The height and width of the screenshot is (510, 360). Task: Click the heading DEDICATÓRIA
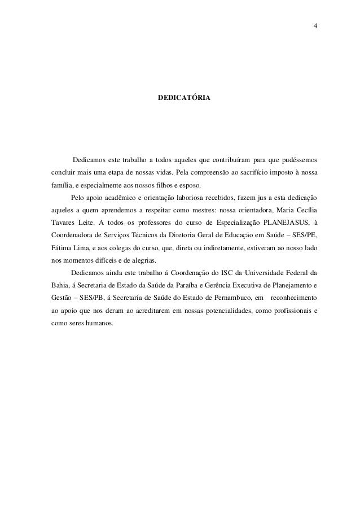(x=185, y=98)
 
